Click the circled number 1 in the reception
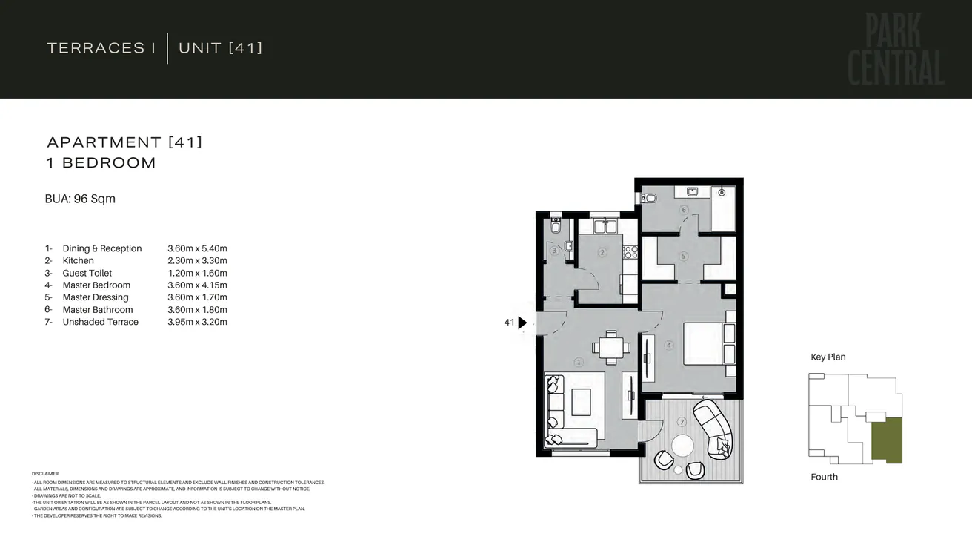[579, 362]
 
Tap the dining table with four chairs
[611, 348]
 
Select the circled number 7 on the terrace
[682, 422]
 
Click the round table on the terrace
[682, 446]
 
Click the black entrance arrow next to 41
[522, 323]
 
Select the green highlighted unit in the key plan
[886, 440]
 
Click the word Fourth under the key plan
[824, 477]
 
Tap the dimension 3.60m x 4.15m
[197, 285]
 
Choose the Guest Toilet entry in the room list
[87, 273]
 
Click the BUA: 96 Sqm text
[80, 199]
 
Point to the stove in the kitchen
[630, 252]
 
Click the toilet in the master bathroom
[649, 198]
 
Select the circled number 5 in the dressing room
[684, 257]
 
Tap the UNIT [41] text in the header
[220, 48]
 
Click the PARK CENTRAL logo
[895, 50]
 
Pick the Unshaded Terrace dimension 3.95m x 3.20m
[197, 322]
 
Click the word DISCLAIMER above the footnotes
[45, 473]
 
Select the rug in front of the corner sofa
[579, 402]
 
